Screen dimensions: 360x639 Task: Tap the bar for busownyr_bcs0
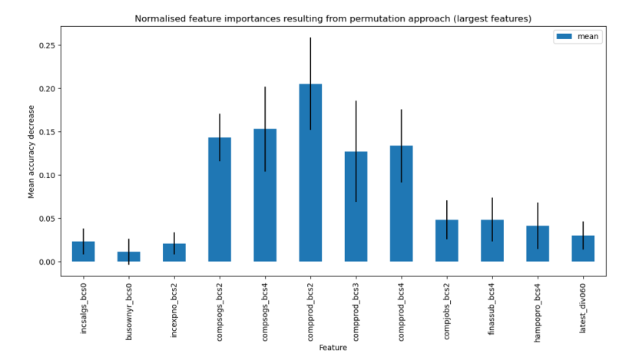[128, 256]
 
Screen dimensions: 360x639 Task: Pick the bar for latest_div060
[583, 249]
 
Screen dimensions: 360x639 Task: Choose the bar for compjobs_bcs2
[447, 241]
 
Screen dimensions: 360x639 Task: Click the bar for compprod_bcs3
[356, 206]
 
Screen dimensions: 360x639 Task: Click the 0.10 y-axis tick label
[45, 175]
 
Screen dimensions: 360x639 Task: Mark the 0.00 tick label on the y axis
[45, 262]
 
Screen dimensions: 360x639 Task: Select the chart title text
[333, 18]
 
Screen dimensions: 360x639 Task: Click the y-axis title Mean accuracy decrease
[31, 151]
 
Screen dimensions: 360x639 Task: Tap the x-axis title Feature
[333, 348]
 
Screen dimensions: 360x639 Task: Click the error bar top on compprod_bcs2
[310, 38]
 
